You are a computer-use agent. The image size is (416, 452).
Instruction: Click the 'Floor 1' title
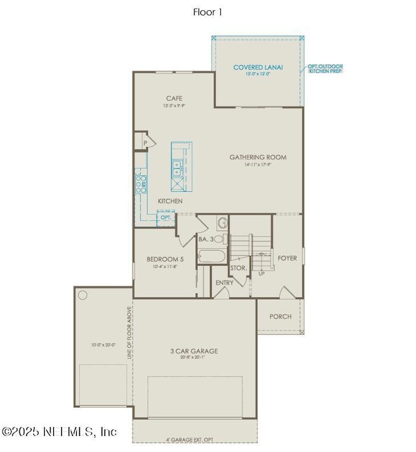208,12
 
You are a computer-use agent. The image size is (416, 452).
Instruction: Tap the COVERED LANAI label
258,67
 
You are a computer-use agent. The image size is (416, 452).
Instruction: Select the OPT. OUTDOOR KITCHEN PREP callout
325,68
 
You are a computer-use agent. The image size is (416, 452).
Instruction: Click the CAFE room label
174,98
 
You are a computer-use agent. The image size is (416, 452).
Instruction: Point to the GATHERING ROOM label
258,157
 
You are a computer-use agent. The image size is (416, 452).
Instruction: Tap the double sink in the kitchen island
176,168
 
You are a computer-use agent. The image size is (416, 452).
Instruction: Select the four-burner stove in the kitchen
140,185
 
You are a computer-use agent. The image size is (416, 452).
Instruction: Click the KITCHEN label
170,201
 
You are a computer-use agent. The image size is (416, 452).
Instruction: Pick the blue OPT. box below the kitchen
165,217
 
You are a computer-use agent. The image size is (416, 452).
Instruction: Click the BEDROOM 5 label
161,259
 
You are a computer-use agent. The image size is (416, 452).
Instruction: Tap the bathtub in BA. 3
211,258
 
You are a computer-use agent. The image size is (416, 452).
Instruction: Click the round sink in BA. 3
222,224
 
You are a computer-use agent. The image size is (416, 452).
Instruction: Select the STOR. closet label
239,267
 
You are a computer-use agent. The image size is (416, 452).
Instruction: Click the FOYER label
288,258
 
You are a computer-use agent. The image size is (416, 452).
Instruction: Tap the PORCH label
280,316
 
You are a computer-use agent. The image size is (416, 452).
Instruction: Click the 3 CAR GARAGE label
194,351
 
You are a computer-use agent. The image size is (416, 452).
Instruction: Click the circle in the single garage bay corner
83,296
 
